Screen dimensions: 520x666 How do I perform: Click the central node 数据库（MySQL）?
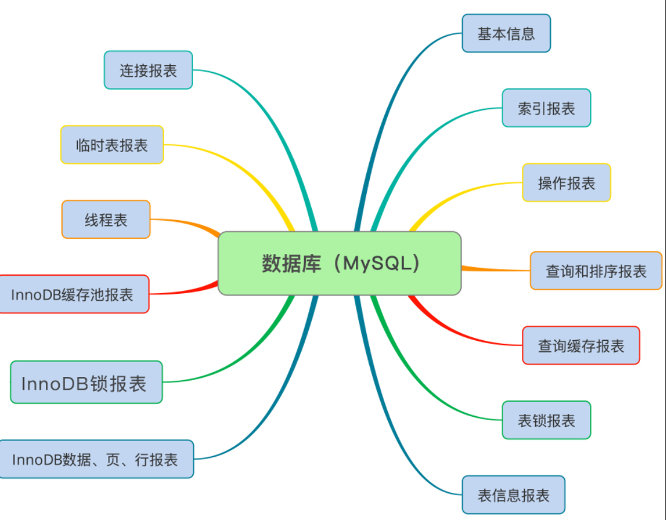click(339, 264)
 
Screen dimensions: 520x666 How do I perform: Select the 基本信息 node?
click(506, 33)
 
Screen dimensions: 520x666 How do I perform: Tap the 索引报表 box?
click(546, 108)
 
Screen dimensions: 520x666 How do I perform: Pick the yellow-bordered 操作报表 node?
click(566, 182)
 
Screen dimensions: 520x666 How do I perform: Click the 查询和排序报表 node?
click(595, 271)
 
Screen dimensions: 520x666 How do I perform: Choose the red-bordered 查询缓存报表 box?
click(580, 346)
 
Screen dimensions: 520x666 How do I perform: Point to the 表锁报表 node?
click(546, 420)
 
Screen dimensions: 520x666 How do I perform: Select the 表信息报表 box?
click(513, 495)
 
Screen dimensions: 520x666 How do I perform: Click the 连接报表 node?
click(148, 70)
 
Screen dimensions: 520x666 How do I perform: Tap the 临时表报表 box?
click(112, 145)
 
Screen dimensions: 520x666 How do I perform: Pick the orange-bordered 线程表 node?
click(106, 220)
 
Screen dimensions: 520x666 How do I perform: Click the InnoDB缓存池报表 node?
click(72, 294)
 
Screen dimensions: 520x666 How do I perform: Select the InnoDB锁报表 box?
click(86, 382)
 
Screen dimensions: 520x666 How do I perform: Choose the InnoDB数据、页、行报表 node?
click(95, 459)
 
